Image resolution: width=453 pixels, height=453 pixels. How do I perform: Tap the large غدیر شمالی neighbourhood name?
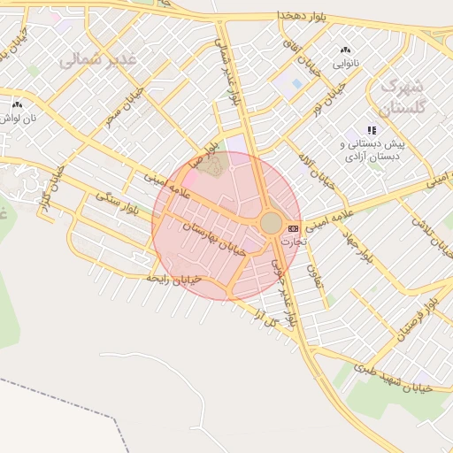tap(101, 60)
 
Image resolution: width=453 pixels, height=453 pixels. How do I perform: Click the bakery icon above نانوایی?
tap(344, 50)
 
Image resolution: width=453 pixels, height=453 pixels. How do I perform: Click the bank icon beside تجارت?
tap(293, 229)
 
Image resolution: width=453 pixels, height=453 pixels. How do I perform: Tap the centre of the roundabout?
tap(272, 222)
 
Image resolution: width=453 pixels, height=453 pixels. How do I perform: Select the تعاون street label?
tap(316, 276)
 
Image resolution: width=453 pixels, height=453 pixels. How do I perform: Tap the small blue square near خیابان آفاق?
tap(296, 83)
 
